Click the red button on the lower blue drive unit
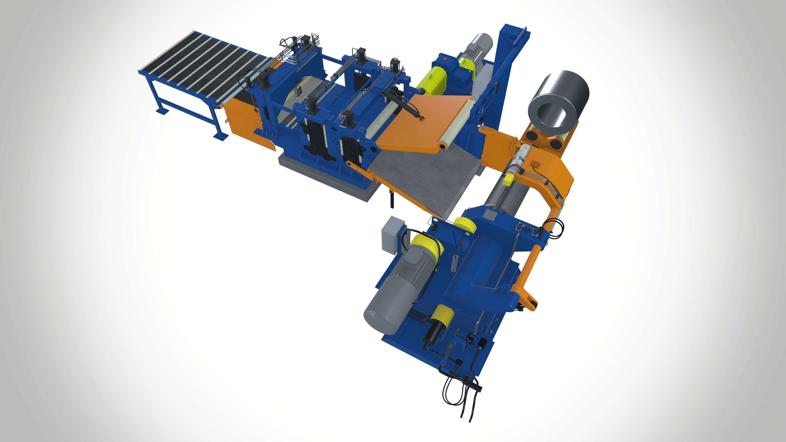462,243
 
